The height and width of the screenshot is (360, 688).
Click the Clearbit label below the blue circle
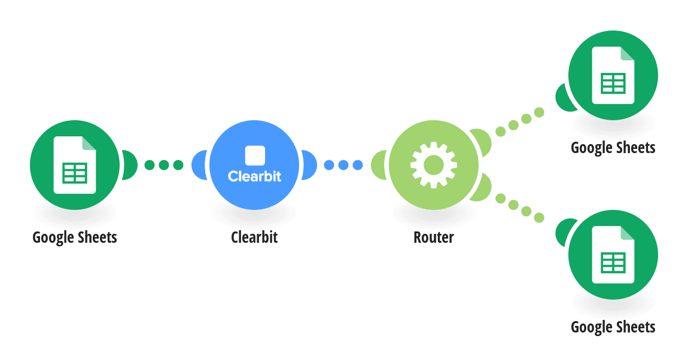(254, 237)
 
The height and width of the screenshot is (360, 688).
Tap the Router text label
(434, 237)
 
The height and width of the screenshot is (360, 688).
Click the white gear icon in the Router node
(434, 165)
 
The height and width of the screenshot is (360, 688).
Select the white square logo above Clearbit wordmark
(255, 155)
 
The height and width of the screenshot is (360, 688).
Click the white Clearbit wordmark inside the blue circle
(254, 176)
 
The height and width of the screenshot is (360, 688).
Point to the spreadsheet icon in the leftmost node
(75, 165)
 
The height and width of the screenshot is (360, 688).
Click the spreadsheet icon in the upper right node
(613, 75)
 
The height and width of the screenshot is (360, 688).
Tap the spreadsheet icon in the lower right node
(613, 255)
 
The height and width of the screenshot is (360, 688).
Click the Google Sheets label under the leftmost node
(75, 237)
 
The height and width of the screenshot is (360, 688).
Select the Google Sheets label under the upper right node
(613, 148)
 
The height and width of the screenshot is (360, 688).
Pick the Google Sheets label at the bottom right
(613, 327)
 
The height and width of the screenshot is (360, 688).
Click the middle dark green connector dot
(164, 165)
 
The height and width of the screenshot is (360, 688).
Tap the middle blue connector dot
(343, 165)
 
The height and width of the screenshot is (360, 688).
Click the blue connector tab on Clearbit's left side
(199, 165)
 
